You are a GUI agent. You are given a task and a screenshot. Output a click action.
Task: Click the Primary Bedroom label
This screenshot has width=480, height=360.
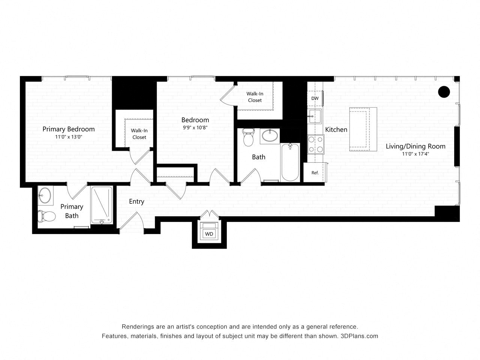tap(68, 129)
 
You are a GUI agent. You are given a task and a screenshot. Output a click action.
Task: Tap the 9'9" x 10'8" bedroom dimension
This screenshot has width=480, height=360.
tap(195, 127)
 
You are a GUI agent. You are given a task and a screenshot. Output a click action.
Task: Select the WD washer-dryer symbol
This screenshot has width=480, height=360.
tap(209, 234)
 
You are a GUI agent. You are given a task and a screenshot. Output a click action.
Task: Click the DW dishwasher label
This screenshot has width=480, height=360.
tap(315, 98)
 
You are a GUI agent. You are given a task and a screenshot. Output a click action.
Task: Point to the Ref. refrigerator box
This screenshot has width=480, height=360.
tap(315, 173)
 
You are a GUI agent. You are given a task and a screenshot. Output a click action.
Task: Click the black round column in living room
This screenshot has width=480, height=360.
tap(444, 91)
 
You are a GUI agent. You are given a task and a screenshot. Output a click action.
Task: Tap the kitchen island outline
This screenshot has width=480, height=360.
tap(363, 129)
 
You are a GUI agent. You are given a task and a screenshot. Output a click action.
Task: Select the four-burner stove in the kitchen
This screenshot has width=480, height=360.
tap(316, 144)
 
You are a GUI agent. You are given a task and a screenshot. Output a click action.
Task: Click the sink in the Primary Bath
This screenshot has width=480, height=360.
tap(46, 195)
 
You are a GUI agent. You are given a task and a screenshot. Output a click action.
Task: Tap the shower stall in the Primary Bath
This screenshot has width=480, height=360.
tap(102, 205)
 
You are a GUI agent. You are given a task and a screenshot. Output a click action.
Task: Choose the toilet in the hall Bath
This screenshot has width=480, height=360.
tap(248, 138)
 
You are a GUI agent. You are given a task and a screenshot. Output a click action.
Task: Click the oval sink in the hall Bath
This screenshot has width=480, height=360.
tap(270, 135)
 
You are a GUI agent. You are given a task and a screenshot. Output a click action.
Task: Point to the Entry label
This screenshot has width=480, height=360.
tap(136, 201)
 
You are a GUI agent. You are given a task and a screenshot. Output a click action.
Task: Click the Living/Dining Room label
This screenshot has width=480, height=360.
tap(415, 146)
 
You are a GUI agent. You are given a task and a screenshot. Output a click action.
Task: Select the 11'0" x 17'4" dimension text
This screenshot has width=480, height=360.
tap(415, 154)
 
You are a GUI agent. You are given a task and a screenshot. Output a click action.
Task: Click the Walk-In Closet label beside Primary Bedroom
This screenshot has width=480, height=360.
tap(139, 134)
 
